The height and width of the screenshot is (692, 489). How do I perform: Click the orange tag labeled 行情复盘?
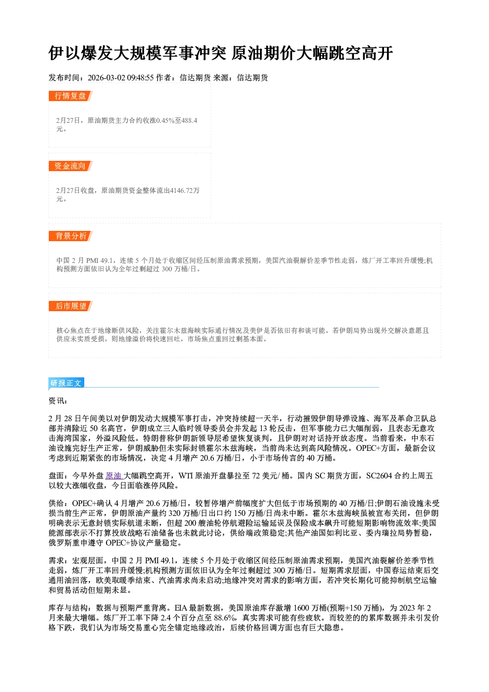pos(70,96)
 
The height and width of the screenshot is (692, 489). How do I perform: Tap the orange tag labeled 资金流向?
pos(70,166)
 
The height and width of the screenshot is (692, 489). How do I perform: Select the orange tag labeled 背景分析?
pos(70,236)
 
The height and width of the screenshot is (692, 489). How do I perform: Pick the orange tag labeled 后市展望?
pos(70,306)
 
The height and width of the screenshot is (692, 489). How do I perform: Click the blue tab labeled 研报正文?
pos(66,383)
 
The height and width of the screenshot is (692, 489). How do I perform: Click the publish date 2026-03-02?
pos(106,77)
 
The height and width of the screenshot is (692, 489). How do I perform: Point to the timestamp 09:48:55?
pos(140,77)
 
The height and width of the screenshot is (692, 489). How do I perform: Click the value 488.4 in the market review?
pos(189,120)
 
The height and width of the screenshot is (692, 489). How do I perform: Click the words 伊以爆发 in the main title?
pos(80,53)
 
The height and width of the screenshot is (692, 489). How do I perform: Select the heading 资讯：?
pos(58,401)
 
